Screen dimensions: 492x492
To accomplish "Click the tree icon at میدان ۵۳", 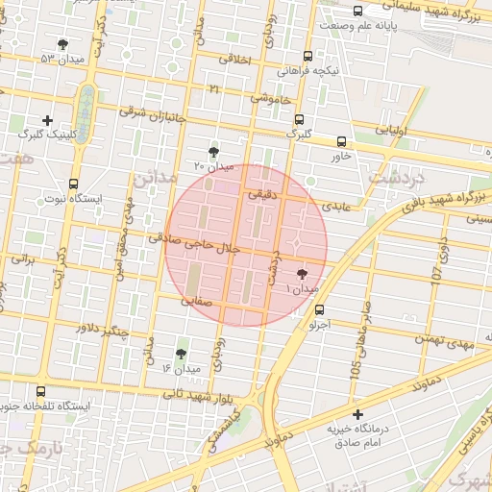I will tap(63, 44).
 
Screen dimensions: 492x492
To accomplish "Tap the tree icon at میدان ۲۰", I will tap(213, 152).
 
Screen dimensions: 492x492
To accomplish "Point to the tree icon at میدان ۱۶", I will tap(181, 355).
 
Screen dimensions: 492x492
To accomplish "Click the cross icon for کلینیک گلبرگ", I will tap(48, 121).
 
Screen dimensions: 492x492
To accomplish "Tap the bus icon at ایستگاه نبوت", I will tap(73, 184).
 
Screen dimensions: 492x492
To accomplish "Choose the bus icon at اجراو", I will tap(319, 309).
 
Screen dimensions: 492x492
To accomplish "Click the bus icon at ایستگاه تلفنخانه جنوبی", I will tap(40, 392).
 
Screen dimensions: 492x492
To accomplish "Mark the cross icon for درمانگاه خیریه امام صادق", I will tap(357, 414).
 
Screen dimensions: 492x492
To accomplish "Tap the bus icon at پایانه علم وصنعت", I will tap(358, 12).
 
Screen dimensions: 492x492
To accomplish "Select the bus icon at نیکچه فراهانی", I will tap(307, 56).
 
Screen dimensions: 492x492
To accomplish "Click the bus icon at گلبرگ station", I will tap(300, 120).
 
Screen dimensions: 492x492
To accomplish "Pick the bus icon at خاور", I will tap(342, 140).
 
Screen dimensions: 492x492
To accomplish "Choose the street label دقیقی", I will tap(261, 194).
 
